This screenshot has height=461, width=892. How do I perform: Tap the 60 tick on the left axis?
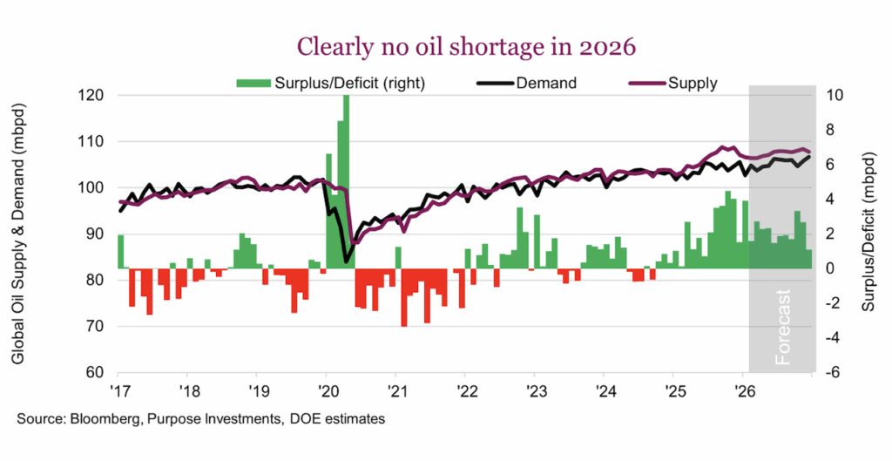(x=102, y=373)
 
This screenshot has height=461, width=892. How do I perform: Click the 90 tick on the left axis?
(x=102, y=234)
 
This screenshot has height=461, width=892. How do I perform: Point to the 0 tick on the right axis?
(x=829, y=268)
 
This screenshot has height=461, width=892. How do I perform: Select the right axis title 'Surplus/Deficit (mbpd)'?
(x=868, y=234)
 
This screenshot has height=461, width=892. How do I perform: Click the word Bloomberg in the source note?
(x=98, y=420)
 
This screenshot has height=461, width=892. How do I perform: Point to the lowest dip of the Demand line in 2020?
(x=346, y=261)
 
